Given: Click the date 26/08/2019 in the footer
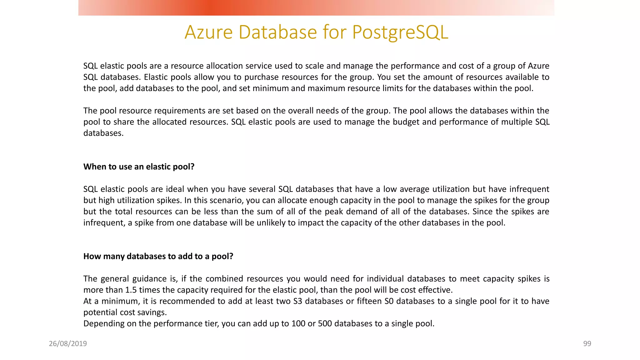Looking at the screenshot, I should coord(68,344).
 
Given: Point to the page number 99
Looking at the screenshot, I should coord(587,344).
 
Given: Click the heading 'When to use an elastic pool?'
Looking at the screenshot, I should coord(139,167).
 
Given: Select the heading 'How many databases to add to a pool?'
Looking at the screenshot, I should coord(158,256).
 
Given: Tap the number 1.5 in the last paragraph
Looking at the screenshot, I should coord(131,290).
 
